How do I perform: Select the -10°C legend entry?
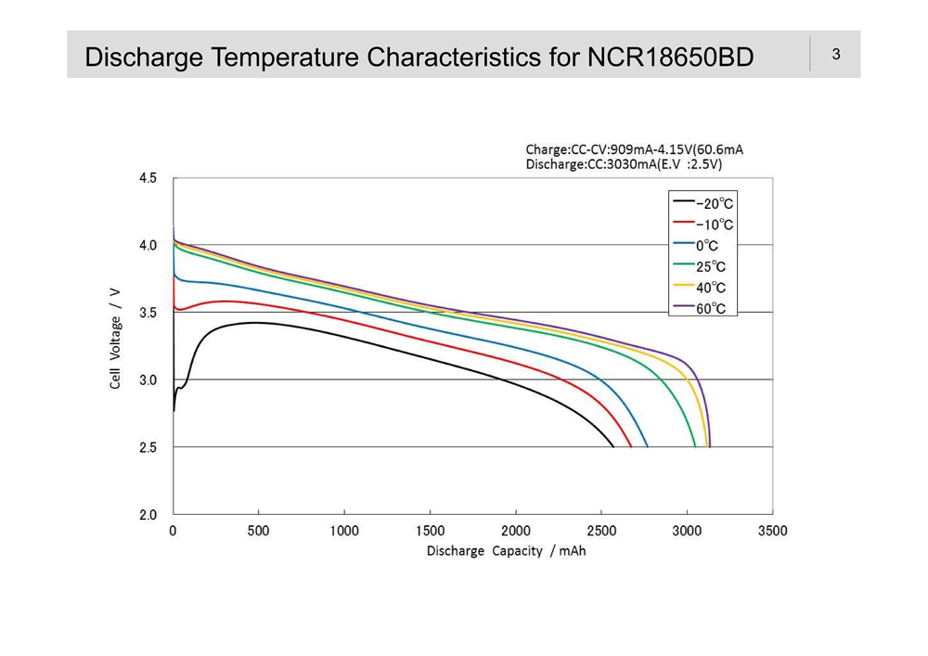coord(702,225)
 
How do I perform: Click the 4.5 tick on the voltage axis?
coord(148,178)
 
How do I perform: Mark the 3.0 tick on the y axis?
coord(148,380)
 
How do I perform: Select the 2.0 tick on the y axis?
coord(148,515)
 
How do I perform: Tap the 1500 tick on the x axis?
coord(430,531)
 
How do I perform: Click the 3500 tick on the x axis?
coord(772,531)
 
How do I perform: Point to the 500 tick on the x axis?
coord(258,531)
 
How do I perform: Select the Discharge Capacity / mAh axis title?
coord(506,551)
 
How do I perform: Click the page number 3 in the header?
coord(836,54)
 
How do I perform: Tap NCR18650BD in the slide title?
coord(670,58)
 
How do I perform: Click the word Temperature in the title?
coord(286,58)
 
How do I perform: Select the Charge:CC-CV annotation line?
coord(634,148)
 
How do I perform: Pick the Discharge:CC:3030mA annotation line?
coord(624,164)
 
